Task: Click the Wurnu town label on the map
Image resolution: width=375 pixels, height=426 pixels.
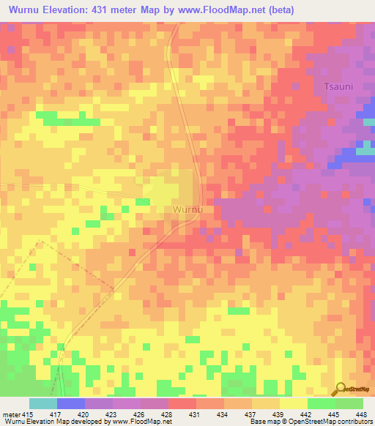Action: [188, 209]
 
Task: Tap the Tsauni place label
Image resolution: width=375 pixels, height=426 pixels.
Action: [339, 86]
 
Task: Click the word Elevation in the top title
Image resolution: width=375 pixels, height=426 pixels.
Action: [76, 10]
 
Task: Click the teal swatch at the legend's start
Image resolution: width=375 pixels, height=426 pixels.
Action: [42, 403]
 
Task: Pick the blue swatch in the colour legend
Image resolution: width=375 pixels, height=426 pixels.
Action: [70, 403]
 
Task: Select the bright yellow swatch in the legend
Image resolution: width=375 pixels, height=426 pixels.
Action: [293, 403]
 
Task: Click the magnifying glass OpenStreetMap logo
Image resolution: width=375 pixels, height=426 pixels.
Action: [341, 389]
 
